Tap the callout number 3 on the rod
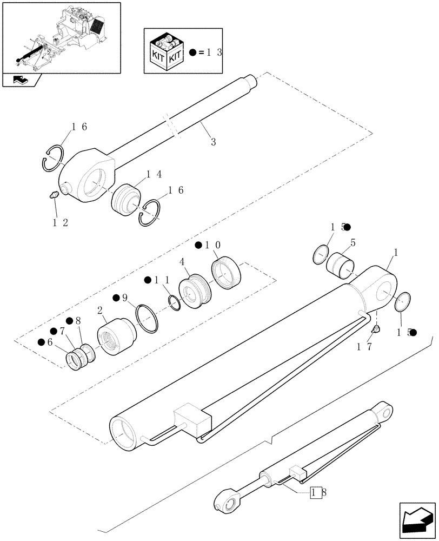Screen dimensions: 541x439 [213, 142]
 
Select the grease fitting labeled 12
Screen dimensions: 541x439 [53, 196]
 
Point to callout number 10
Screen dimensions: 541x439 [212, 246]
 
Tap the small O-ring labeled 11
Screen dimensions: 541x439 [174, 303]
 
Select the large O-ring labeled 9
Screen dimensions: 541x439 [147, 319]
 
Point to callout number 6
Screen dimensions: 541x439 [49, 342]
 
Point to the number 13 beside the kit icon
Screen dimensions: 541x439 [214, 53]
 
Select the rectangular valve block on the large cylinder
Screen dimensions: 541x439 [191, 419]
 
